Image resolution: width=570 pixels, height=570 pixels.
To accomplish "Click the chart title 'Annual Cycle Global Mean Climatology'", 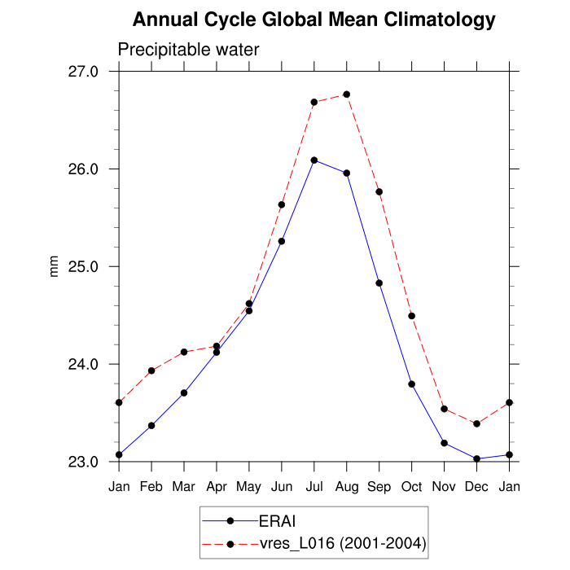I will click(x=313, y=20).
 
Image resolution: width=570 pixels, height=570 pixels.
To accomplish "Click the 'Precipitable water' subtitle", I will click(x=188, y=50).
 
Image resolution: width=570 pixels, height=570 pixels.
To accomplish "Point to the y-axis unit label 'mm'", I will click(x=55, y=266).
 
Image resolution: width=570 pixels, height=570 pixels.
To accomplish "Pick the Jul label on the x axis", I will click(x=314, y=486).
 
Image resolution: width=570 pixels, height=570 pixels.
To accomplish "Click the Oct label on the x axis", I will click(x=412, y=486).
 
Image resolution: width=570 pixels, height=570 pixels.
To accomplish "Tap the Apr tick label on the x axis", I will click(x=217, y=486).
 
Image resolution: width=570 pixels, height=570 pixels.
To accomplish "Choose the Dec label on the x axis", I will click(x=477, y=486).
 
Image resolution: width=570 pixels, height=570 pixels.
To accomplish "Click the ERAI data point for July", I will click(x=314, y=160).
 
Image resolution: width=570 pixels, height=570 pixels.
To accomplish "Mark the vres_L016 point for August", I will click(x=347, y=94).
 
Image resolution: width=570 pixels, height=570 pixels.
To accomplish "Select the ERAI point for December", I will click(x=477, y=458).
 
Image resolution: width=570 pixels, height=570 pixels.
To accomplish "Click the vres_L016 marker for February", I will click(x=151, y=370).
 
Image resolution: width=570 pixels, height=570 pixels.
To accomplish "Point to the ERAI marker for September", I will click(x=379, y=283).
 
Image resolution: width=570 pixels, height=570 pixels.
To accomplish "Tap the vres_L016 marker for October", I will click(x=412, y=316).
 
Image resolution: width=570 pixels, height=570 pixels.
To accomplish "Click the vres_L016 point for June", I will click(x=282, y=204).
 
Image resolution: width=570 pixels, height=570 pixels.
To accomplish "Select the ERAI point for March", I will click(x=184, y=392).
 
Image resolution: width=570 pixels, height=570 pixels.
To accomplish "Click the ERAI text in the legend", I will click(x=276, y=520).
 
